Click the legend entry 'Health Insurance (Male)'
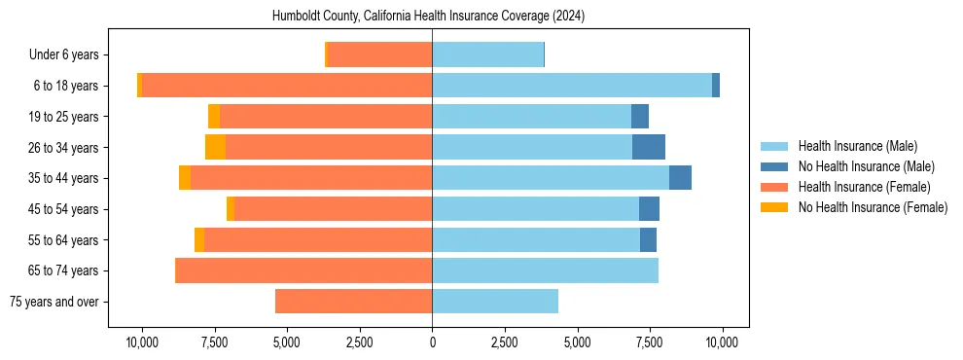857,146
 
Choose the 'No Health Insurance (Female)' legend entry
873,207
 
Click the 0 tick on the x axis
432,342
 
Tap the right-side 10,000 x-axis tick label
722,342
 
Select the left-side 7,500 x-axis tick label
215,342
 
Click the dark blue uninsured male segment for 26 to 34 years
649,148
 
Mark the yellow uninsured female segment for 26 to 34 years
215,148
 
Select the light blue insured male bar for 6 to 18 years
572,86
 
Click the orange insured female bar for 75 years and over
354,302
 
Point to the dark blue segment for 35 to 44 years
680,178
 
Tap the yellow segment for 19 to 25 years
214,117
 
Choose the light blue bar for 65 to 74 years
545,270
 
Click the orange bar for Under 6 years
380,55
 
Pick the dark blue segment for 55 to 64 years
648,240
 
